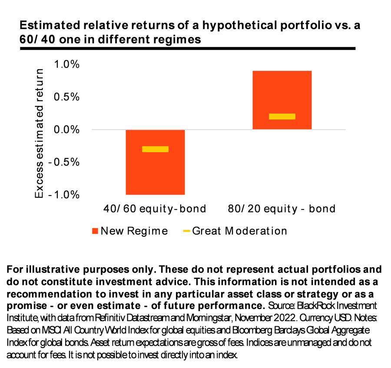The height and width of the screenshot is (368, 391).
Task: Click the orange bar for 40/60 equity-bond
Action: [x=155, y=174]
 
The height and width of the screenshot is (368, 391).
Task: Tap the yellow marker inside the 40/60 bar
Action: [x=155, y=149]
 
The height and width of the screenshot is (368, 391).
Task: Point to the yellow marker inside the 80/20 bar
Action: [x=282, y=116]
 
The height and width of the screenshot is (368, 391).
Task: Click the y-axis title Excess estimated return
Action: [x=40, y=133]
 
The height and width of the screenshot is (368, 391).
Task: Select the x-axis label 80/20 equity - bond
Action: [x=282, y=209]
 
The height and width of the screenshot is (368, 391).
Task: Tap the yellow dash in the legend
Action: [x=186, y=231]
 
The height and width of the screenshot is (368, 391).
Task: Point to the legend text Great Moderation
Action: [x=239, y=231]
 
